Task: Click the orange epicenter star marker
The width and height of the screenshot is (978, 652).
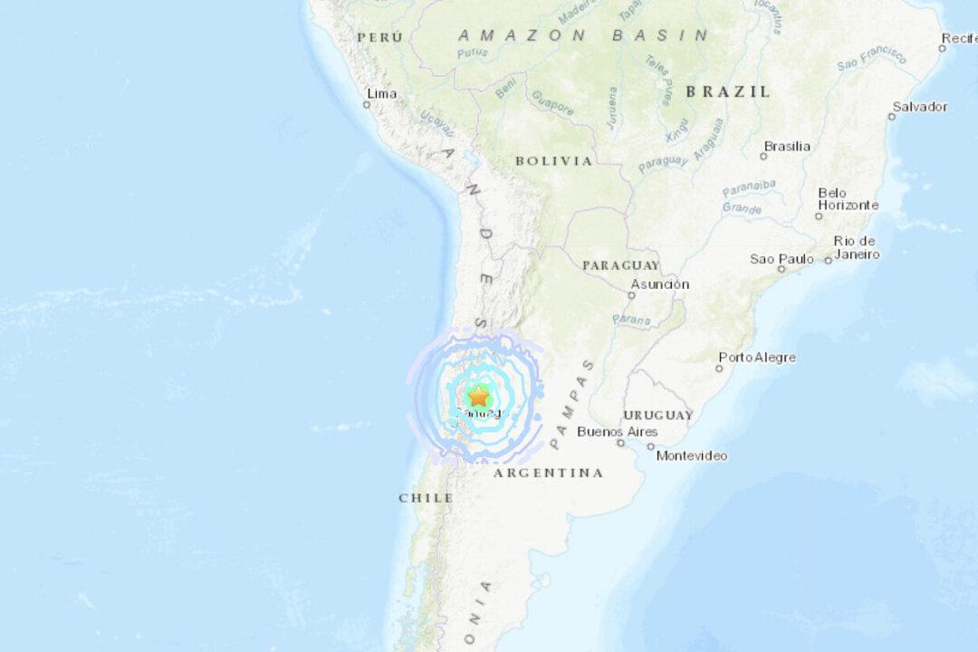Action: [477, 396]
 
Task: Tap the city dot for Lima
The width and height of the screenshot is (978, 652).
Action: [367, 105]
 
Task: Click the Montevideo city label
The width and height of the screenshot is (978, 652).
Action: [692, 455]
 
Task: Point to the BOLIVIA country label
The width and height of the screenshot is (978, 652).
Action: [554, 161]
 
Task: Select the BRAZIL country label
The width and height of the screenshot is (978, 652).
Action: [728, 91]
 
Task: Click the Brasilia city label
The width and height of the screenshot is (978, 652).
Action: [787, 146]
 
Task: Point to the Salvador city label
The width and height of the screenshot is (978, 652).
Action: [920, 107]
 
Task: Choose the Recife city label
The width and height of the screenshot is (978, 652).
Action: [958, 38]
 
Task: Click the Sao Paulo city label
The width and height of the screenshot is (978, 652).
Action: [781, 259]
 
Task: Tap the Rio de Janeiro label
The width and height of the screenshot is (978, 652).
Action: [857, 247]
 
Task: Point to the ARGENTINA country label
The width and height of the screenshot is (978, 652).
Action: [548, 473]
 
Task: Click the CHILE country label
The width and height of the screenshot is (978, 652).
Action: [426, 498]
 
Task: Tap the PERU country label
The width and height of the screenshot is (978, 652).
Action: [379, 37]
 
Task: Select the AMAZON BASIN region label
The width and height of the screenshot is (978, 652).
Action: [583, 35]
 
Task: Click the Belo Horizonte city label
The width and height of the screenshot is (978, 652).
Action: [848, 199]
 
